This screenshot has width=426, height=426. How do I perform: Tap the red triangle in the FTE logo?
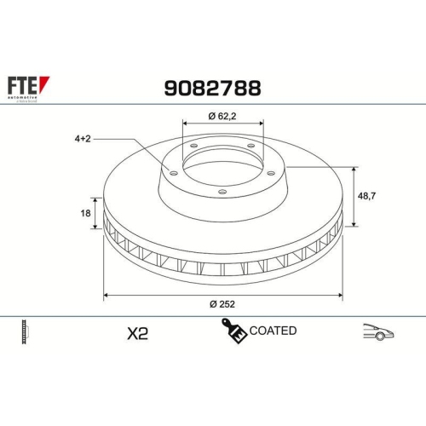point(45,83)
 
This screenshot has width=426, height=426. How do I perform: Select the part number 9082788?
point(211,88)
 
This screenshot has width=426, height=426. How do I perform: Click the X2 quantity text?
point(136,334)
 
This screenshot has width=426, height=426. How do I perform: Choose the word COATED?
point(273,331)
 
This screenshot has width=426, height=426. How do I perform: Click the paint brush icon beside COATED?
point(233,331)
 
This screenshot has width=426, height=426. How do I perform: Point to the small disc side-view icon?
point(26,332)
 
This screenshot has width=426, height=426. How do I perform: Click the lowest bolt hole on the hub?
point(222,193)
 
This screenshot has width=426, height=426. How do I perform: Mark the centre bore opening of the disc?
point(222,167)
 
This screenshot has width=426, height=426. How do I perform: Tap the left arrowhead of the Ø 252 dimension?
point(106,295)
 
